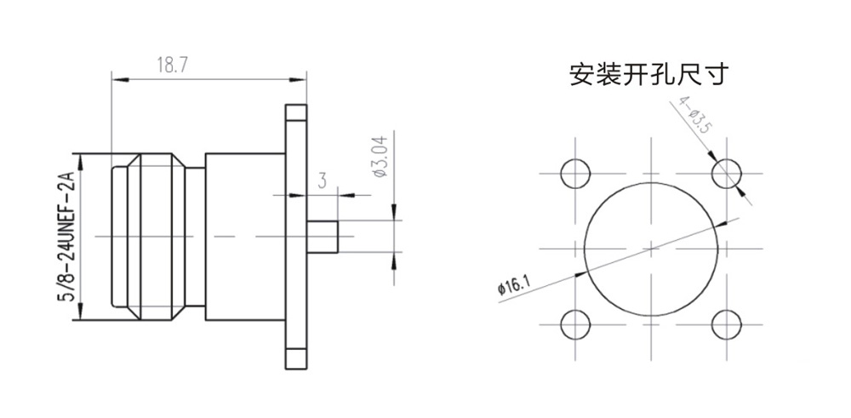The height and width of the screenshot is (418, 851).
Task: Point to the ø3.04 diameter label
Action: pyautogui.click(x=380, y=156)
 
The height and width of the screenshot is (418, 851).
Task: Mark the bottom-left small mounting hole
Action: pyautogui.click(x=575, y=324)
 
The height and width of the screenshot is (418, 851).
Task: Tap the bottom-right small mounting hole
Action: pyautogui.click(x=726, y=324)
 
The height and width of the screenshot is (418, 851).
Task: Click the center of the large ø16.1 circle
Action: pyautogui.click(x=650, y=249)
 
